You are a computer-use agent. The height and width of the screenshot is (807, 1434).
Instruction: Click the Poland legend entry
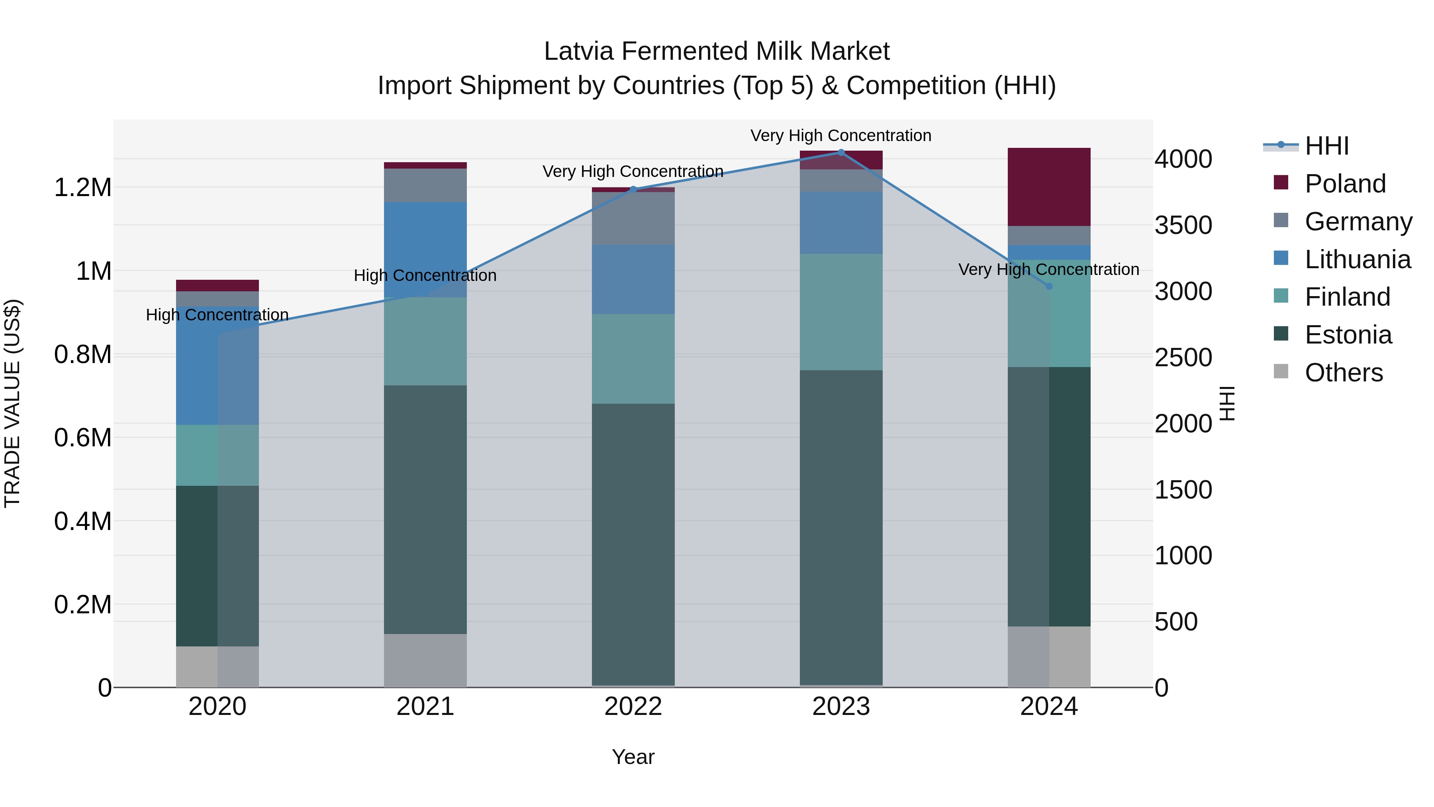pyautogui.click(x=1344, y=184)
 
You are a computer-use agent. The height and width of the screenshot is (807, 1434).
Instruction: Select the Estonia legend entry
pyautogui.click(x=1347, y=335)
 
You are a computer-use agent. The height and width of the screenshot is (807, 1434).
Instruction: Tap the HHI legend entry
pyautogui.click(x=1326, y=146)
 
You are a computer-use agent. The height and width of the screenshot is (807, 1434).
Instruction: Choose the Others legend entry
pyautogui.click(x=1343, y=373)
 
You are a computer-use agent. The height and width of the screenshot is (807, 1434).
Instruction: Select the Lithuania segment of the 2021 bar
pyautogui.click(x=425, y=249)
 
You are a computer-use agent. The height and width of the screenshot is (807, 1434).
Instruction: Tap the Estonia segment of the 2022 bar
pyautogui.click(x=633, y=544)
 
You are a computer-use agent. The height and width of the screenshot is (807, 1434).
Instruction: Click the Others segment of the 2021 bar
pyautogui.click(x=425, y=660)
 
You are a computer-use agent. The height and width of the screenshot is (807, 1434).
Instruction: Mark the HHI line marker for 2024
pyautogui.click(x=1049, y=286)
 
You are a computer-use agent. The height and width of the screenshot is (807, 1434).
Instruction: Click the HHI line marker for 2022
pyautogui.click(x=633, y=189)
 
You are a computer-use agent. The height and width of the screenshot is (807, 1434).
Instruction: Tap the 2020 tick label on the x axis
pyautogui.click(x=217, y=707)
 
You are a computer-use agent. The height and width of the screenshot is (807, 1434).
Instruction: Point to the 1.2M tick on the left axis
pyautogui.click(x=82, y=188)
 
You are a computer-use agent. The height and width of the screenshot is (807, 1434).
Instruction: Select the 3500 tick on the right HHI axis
pyautogui.click(x=1183, y=225)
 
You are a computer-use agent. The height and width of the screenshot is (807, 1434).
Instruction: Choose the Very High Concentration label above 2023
pyautogui.click(x=840, y=135)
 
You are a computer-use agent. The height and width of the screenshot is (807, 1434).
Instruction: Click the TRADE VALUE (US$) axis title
pyautogui.click(x=13, y=403)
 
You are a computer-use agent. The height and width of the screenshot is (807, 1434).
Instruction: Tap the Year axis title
pyautogui.click(x=633, y=757)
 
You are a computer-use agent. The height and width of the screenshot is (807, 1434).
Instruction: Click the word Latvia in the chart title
pyautogui.click(x=578, y=51)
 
